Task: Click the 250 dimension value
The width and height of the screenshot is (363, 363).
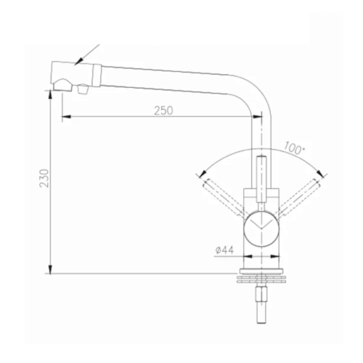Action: [x=164, y=110]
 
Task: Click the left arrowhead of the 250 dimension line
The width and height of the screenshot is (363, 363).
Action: [x=65, y=117]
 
